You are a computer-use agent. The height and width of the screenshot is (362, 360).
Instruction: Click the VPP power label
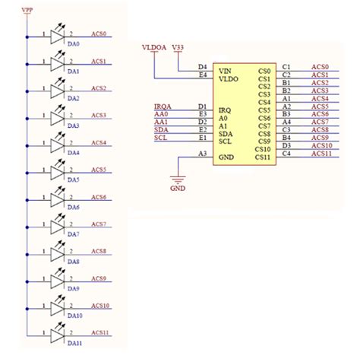27,10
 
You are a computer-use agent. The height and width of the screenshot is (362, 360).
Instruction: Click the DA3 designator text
74,125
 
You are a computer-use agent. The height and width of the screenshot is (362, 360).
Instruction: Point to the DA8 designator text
74,262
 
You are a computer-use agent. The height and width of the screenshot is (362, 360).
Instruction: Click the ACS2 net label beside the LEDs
99,88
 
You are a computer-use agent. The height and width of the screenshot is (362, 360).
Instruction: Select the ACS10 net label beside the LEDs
101,306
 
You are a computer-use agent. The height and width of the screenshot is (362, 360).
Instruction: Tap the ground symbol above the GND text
178,177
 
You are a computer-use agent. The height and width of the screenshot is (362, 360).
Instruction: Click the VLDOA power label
154,48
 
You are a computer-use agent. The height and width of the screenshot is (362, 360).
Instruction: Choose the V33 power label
178,48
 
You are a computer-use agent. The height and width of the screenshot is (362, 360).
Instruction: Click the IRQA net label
162,106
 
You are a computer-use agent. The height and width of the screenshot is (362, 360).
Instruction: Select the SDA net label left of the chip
161,129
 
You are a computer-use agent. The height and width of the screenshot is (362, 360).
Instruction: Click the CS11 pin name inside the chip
264,157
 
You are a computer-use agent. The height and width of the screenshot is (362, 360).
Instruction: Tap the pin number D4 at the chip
202,67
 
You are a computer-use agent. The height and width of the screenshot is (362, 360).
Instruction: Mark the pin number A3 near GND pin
202,154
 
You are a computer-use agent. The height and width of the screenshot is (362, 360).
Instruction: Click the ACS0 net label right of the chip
320,66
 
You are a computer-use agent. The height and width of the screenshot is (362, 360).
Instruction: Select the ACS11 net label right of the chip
321,154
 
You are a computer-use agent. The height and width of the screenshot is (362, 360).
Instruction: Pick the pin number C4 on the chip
286,154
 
